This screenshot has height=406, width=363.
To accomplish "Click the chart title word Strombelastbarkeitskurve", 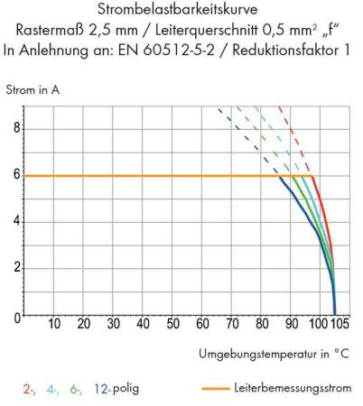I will tap(181, 11).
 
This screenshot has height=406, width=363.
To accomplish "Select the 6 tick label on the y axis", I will tap(14, 175).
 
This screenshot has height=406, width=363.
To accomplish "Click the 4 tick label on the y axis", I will tap(14, 222).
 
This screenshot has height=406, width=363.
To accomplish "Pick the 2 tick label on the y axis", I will tap(14, 269).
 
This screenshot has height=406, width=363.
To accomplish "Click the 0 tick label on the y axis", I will tap(14, 317).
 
